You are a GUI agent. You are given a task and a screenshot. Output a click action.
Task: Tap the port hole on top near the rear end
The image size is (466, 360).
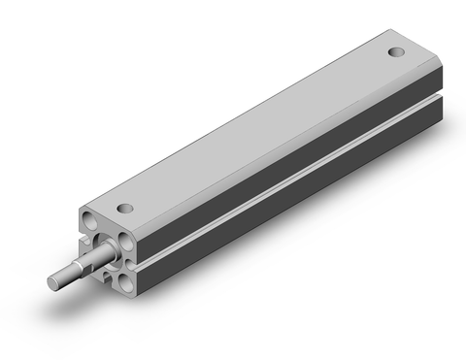[x=396, y=52]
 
